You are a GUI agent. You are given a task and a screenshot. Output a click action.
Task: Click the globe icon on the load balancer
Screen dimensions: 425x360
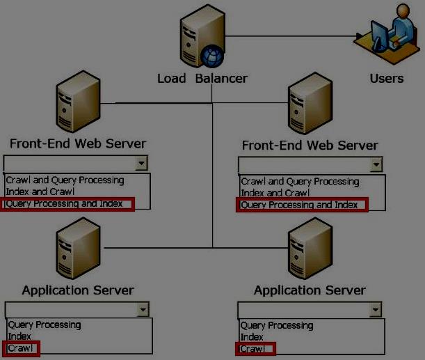[x=212, y=56]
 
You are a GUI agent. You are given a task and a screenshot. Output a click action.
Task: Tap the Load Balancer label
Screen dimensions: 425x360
[x=202, y=79]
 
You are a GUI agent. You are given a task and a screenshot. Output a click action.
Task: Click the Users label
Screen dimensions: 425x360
[x=387, y=79]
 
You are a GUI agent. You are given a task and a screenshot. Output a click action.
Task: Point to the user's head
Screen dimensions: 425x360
[x=403, y=11]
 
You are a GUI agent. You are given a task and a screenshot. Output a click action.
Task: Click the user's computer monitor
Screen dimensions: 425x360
[x=380, y=36]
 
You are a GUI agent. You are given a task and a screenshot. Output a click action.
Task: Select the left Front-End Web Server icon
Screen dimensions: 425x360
[x=78, y=102]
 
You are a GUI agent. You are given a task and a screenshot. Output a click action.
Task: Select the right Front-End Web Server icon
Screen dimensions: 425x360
[x=310, y=103]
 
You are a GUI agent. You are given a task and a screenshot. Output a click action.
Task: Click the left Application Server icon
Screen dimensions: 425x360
[x=78, y=249]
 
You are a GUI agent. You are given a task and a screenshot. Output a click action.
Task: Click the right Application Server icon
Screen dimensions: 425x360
[x=310, y=249]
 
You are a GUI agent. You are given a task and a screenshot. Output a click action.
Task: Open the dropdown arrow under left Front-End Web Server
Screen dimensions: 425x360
[x=141, y=164]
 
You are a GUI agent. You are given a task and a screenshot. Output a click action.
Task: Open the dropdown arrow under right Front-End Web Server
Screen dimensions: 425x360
[x=376, y=164]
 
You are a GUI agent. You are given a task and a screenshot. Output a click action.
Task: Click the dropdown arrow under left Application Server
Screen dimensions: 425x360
[x=143, y=310]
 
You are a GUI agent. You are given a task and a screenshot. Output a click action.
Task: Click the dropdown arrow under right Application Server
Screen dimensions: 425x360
[x=376, y=310]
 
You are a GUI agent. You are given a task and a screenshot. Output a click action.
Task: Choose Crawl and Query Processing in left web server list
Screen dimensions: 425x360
[x=65, y=180]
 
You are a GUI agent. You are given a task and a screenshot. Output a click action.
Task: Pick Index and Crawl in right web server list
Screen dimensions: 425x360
[x=275, y=193]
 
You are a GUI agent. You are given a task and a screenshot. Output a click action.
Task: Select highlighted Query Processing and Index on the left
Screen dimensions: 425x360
[x=64, y=204]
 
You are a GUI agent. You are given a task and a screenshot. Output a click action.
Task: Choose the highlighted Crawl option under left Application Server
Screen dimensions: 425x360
[x=20, y=348]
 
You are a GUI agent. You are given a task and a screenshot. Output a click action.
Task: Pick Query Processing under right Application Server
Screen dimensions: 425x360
[x=277, y=326]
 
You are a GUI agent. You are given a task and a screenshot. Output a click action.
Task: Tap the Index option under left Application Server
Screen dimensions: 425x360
[x=19, y=336]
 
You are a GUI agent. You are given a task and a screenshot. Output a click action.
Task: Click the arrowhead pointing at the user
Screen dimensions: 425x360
[x=360, y=36]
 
